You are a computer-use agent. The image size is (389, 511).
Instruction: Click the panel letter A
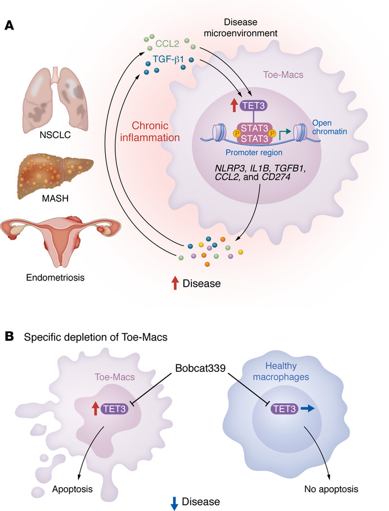(x=10, y=26)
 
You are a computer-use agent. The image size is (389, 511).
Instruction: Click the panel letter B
(x=10, y=337)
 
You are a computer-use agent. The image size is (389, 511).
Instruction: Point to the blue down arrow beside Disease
(x=174, y=501)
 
